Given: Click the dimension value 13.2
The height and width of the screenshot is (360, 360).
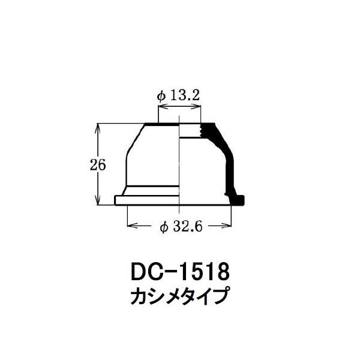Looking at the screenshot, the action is point(185,95).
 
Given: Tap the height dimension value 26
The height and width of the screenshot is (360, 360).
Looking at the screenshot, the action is point(98,164).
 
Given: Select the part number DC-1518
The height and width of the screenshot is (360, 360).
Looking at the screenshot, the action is point(180,272).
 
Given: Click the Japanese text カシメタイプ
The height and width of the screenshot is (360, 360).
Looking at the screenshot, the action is point(180,296).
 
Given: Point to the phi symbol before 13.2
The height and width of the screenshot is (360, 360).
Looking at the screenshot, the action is point(161,96).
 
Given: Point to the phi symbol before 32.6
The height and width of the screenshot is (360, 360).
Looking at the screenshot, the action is point(164,227).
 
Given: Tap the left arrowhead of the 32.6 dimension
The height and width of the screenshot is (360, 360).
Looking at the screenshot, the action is point(131,226).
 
